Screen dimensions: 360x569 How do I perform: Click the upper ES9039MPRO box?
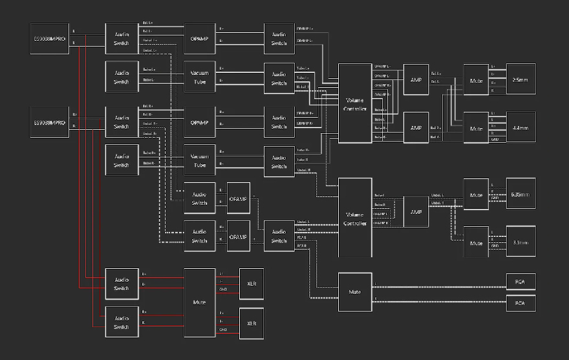point(50,39)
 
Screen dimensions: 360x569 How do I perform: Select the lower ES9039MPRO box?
point(50,122)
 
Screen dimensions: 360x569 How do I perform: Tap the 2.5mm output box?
point(521,79)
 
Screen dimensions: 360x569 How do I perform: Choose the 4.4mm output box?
point(521,127)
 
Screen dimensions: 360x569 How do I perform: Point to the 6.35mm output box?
point(521,193)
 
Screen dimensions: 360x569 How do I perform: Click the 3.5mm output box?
point(521,242)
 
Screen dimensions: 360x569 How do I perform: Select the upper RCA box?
point(521,281)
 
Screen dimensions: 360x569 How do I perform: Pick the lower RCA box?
point(521,302)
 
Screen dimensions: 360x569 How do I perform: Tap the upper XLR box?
point(252,284)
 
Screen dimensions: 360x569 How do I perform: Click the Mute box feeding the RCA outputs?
point(354,291)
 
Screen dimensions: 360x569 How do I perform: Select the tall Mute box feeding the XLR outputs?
point(199,302)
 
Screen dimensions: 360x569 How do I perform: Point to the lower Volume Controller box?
point(355,218)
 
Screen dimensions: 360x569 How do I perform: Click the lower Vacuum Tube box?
point(200,160)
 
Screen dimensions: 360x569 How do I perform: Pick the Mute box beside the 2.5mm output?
point(476,79)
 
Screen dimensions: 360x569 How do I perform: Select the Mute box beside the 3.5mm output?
point(476,242)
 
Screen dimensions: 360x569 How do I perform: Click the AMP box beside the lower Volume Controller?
point(416,211)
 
